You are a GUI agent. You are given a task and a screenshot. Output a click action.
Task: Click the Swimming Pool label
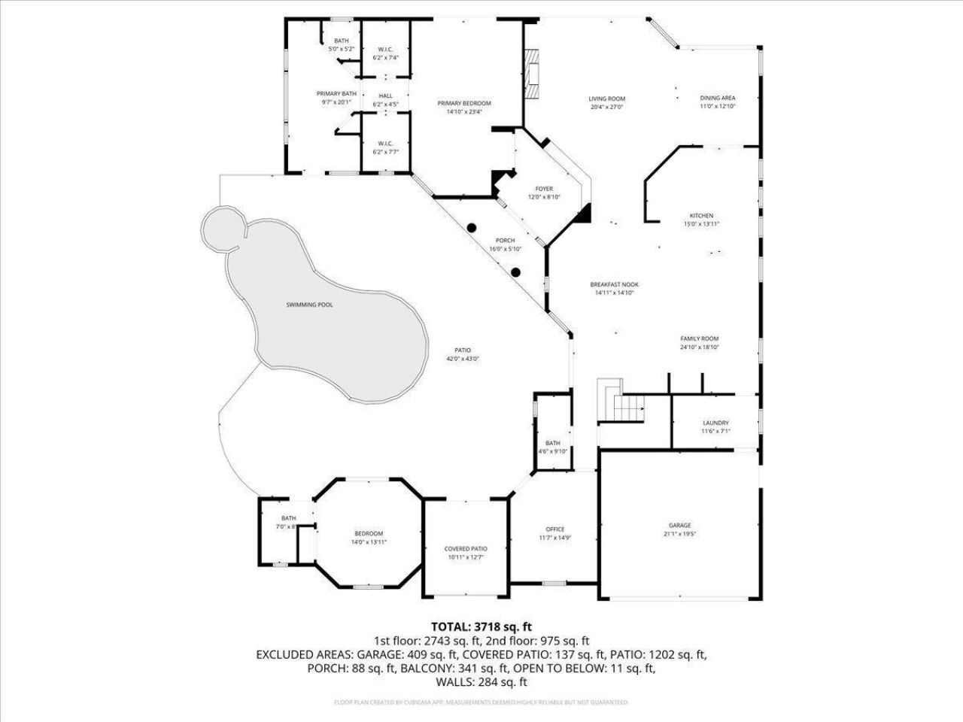tap(308, 305)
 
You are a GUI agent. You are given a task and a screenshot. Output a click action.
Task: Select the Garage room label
tap(679, 526)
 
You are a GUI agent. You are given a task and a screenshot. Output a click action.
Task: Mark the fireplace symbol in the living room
tap(533, 74)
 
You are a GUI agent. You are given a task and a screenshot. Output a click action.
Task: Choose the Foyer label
tap(544, 189)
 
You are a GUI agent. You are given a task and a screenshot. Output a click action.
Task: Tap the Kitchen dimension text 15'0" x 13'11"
tap(701, 224)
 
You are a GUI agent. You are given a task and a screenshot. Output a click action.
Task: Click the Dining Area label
tap(717, 98)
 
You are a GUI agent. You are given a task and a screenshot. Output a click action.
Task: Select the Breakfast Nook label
tap(614, 284)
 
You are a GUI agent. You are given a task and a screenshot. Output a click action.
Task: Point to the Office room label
tap(554, 529)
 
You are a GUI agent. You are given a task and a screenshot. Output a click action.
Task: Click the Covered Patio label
tap(466, 549)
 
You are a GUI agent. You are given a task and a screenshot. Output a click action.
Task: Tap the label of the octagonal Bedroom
tap(369, 533)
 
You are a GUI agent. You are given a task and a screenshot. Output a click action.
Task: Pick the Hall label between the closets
tap(385, 96)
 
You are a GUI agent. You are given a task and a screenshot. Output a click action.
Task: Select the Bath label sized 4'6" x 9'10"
tap(553, 443)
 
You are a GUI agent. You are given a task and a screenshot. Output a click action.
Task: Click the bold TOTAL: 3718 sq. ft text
tap(481, 626)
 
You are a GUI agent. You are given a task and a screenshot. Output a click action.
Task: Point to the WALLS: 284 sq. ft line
tap(481, 682)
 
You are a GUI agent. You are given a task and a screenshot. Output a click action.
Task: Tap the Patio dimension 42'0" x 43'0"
tap(462, 359)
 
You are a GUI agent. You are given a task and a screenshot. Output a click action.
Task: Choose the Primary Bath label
tap(336, 93)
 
